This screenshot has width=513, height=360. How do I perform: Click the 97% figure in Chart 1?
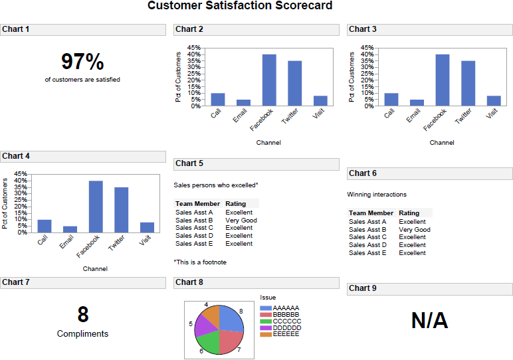[x=82, y=62]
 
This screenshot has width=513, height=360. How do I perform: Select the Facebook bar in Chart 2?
[x=269, y=80]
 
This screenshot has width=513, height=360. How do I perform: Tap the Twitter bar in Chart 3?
[x=468, y=83]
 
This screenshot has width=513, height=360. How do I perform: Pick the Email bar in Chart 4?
[x=70, y=229]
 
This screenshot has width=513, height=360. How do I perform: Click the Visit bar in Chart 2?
[x=320, y=100]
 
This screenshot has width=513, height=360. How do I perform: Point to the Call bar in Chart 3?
[x=391, y=99]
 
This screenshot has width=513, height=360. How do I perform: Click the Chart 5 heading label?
[x=189, y=163]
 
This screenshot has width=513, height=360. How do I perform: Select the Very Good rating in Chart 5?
[x=241, y=220]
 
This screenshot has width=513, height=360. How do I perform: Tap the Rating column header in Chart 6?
[x=409, y=213]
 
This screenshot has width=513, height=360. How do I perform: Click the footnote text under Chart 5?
[x=200, y=262]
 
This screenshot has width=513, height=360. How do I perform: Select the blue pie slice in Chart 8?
[x=230, y=318]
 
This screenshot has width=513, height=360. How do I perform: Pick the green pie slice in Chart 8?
[x=208, y=341]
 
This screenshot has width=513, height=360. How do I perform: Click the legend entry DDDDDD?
[x=286, y=327]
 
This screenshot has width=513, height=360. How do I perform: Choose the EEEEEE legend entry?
[x=286, y=334]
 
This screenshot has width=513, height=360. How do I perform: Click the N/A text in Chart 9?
[x=429, y=321]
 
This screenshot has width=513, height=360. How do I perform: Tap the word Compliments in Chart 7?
[x=82, y=334]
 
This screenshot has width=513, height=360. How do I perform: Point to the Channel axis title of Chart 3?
[x=442, y=142]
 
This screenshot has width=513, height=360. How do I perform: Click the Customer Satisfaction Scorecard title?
[x=240, y=6]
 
